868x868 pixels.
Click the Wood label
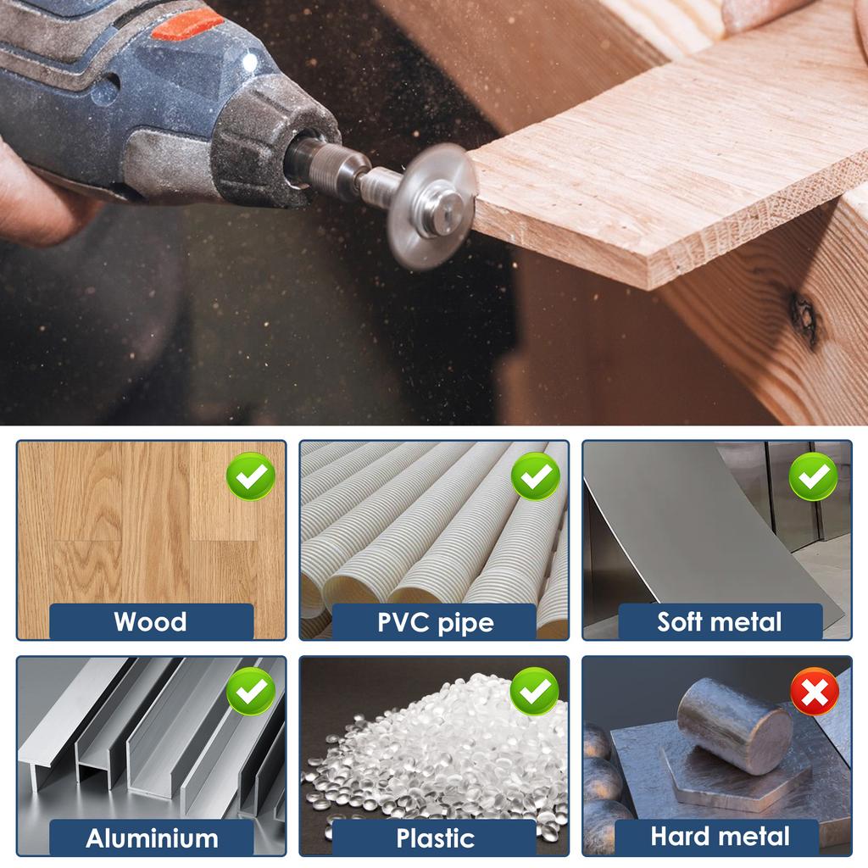click(x=151, y=621)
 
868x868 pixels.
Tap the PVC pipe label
click(x=435, y=623)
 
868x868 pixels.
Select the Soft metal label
click(x=719, y=621)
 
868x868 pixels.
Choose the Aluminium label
click(x=152, y=838)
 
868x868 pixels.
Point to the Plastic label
click(x=435, y=838)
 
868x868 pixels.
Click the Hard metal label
click(x=720, y=837)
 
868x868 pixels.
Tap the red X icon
click(x=815, y=692)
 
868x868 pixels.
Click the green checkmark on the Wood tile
click(x=251, y=476)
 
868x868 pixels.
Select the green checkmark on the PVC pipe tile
click(x=535, y=476)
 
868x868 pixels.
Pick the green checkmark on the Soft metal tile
click(x=813, y=476)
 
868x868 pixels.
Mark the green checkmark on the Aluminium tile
click(x=251, y=692)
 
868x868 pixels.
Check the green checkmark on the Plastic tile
click(x=534, y=692)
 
